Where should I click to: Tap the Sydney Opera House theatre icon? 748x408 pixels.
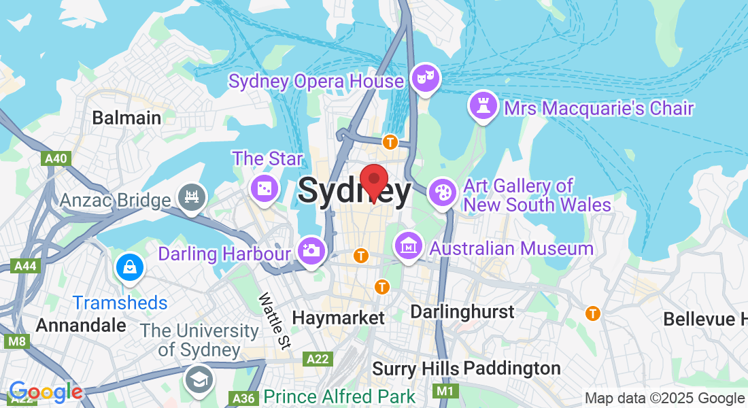pyautogui.click(x=426, y=78)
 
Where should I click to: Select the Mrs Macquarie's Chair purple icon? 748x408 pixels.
pyautogui.click(x=483, y=106)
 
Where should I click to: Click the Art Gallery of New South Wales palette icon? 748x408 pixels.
pyautogui.click(x=443, y=192)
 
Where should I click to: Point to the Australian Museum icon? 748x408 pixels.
pyautogui.click(x=409, y=246)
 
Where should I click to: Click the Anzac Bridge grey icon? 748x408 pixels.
pyautogui.click(x=192, y=198)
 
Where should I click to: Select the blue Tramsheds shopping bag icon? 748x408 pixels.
pyautogui.click(x=129, y=267)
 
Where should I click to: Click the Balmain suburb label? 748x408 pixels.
pyautogui.click(x=127, y=118)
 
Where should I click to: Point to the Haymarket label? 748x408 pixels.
pyautogui.click(x=338, y=318)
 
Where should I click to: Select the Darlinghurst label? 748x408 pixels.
pyautogui.click(x=462, y=312)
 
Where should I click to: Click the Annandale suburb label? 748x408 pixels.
pyautogui.click(x=81, y=325)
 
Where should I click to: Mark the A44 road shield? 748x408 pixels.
pyautogui.click(x=26, y=266)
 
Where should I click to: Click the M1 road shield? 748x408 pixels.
pyautogui.click(x=444, y=391)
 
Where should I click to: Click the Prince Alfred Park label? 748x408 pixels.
pyautogui.click(x=339, y=396)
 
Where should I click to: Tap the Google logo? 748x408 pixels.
pyautogui.click(x=46, y=392)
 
